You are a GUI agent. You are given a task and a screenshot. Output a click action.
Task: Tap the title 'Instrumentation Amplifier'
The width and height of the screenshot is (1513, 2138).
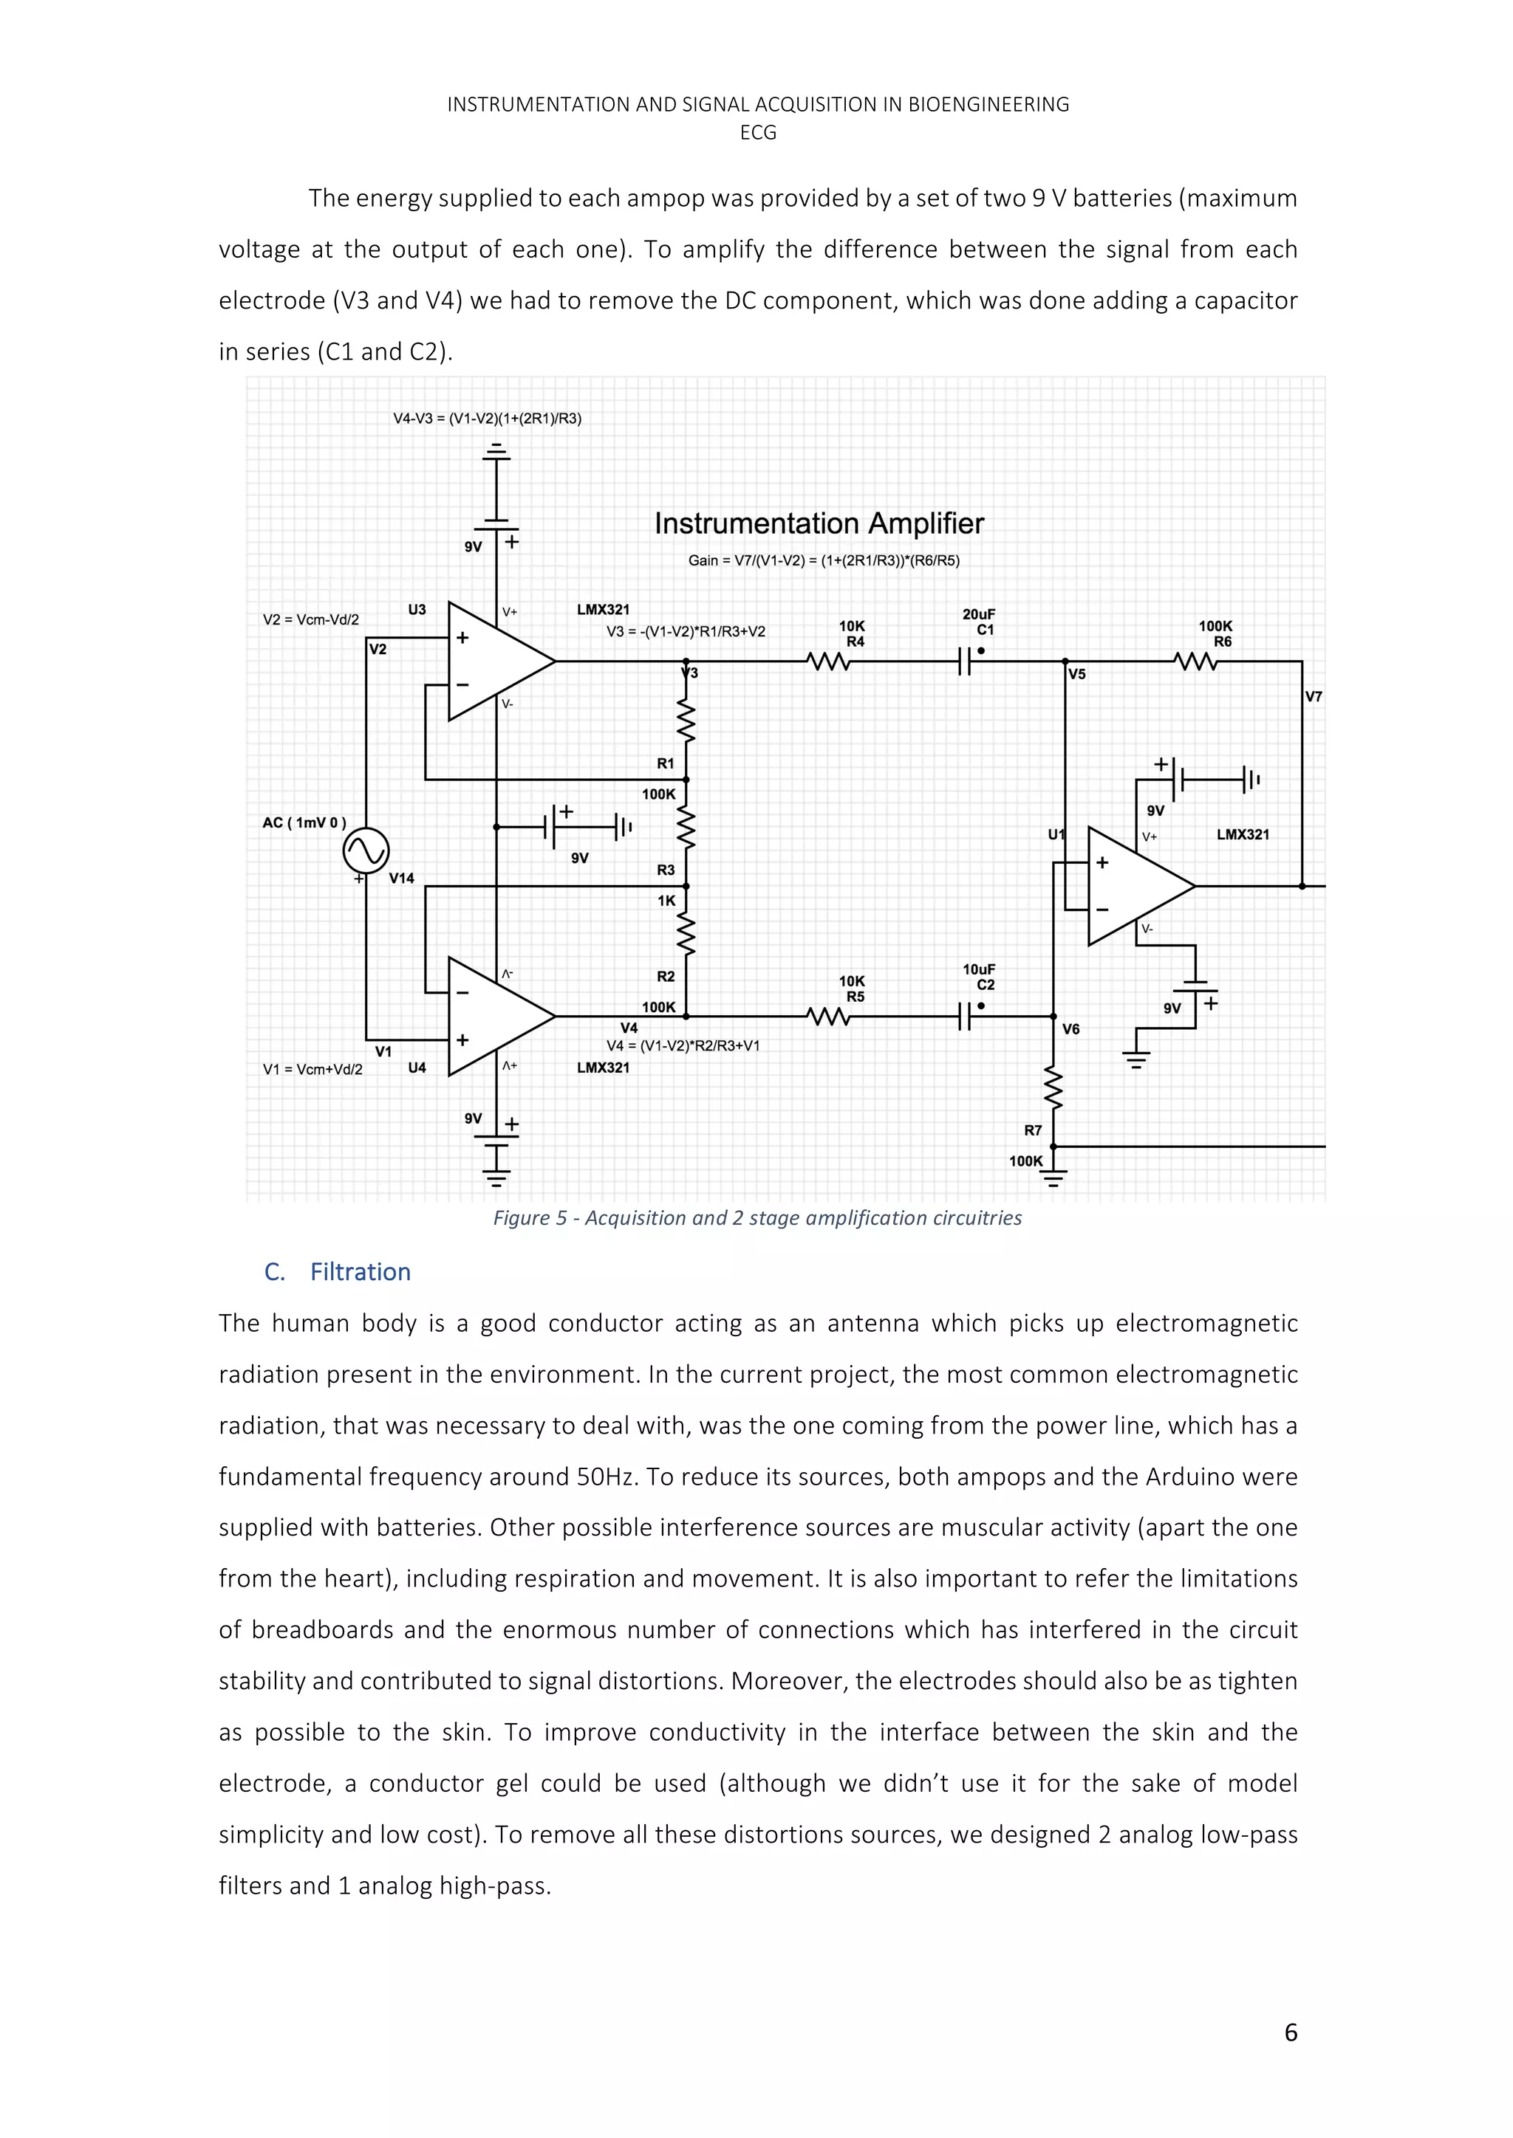coord(819,524)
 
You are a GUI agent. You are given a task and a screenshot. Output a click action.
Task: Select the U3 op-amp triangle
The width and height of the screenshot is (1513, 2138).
coord(493,661)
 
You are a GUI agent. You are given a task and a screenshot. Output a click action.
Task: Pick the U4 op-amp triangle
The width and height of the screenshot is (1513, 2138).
coord(493,1017)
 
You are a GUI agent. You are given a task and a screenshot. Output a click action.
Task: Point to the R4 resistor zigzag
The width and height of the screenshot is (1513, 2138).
coord(828,662)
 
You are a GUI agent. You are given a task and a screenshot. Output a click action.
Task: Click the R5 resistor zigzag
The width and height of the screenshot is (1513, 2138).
coord(828,1017)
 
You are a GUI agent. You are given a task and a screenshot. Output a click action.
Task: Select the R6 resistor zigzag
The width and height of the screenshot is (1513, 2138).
coord(1195,662)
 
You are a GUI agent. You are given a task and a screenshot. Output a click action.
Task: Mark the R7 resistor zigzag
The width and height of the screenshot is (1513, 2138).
coord(1053,1087)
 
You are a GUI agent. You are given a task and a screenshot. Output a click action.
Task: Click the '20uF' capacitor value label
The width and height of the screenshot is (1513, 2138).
coord(978,614)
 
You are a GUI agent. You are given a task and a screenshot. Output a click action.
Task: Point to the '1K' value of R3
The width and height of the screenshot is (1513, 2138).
coord(666,901)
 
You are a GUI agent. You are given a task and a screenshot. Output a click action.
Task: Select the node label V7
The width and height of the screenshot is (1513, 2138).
coord(1314,696)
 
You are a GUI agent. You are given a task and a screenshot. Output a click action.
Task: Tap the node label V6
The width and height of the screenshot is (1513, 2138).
coord(1071,1029)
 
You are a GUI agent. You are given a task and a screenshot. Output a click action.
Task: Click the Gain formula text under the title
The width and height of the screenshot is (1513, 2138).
coord(824,560)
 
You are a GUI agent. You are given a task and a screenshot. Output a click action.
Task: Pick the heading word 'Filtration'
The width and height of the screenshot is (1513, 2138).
coord(360,1272)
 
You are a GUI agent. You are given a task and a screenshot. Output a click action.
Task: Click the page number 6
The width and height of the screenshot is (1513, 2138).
coord(1291,2032)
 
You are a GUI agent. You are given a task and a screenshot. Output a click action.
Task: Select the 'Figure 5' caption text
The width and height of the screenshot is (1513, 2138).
coord(756,1218)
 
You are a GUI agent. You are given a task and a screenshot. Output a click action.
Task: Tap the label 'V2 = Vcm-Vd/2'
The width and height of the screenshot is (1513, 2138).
coord(310,620)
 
